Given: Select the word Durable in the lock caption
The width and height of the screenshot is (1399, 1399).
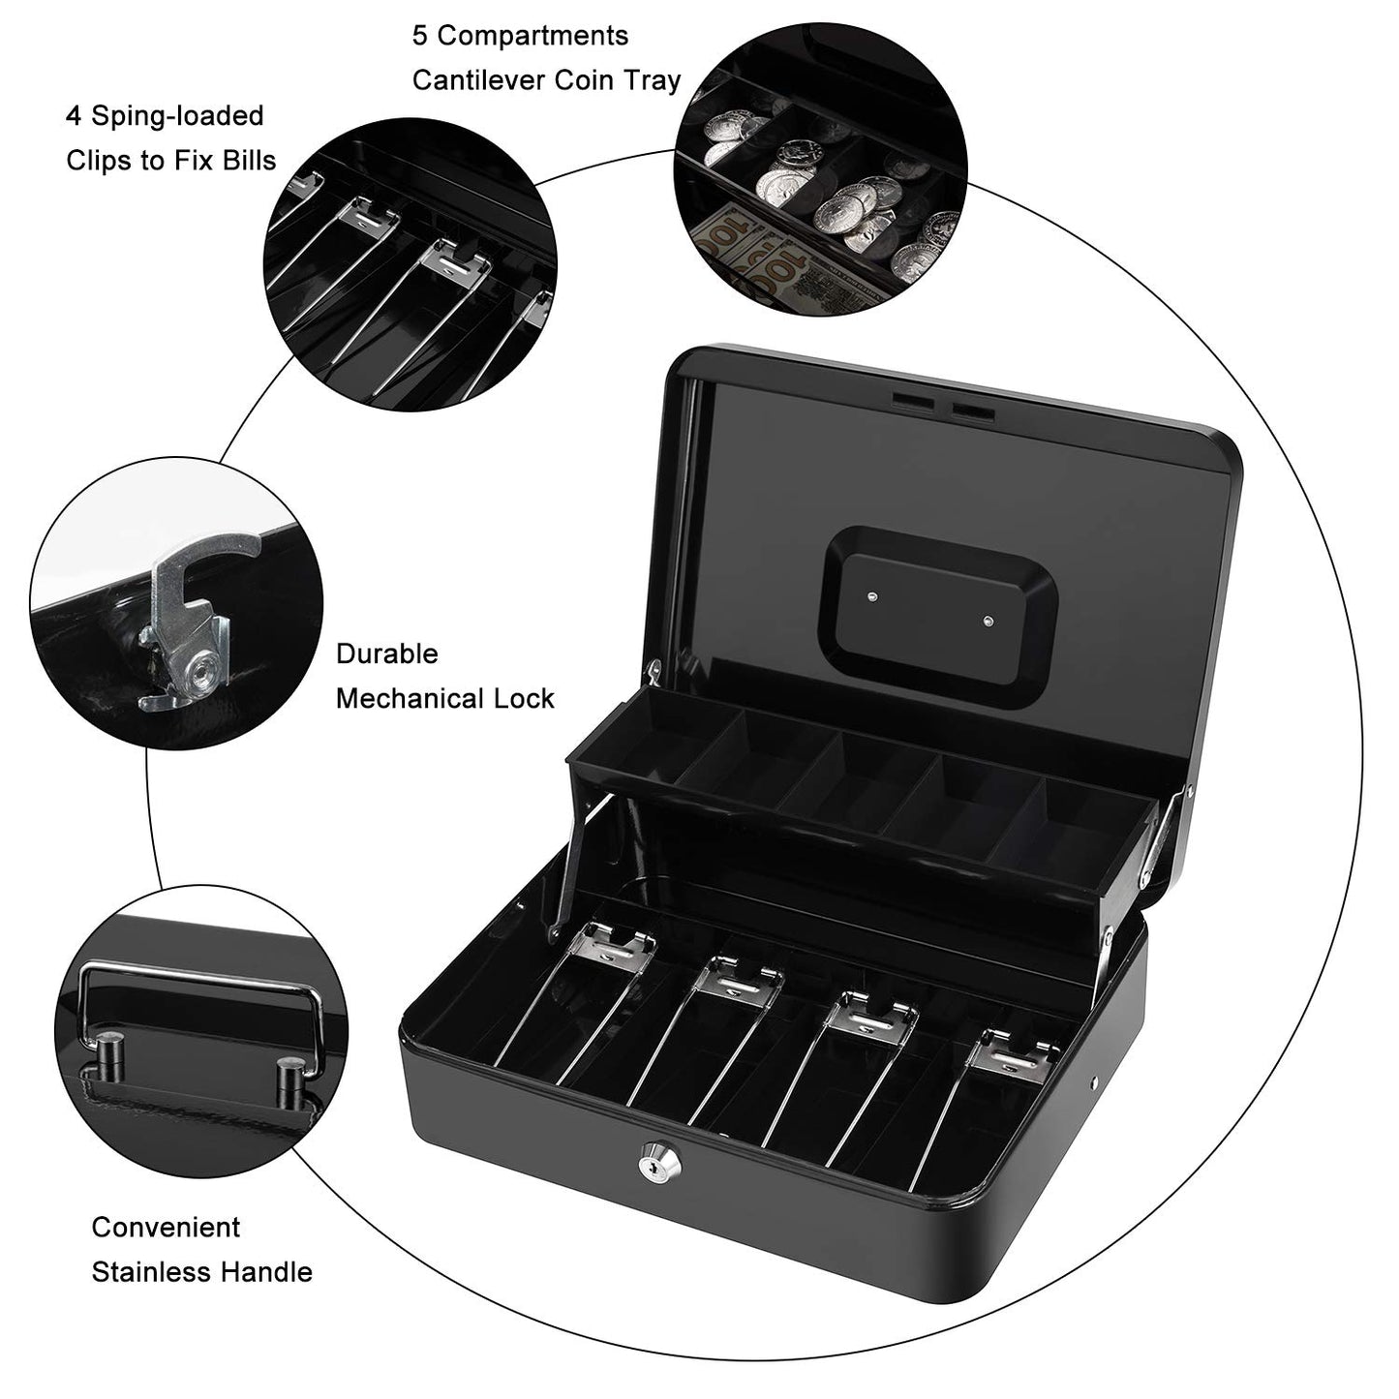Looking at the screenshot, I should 386,654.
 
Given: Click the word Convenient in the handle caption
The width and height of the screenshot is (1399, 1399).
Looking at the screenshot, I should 166,1227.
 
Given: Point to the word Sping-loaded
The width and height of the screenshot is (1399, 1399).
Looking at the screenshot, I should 177,116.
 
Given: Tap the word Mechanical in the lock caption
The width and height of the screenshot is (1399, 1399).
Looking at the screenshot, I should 412,698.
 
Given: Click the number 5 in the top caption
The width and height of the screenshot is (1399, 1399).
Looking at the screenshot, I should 420,36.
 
